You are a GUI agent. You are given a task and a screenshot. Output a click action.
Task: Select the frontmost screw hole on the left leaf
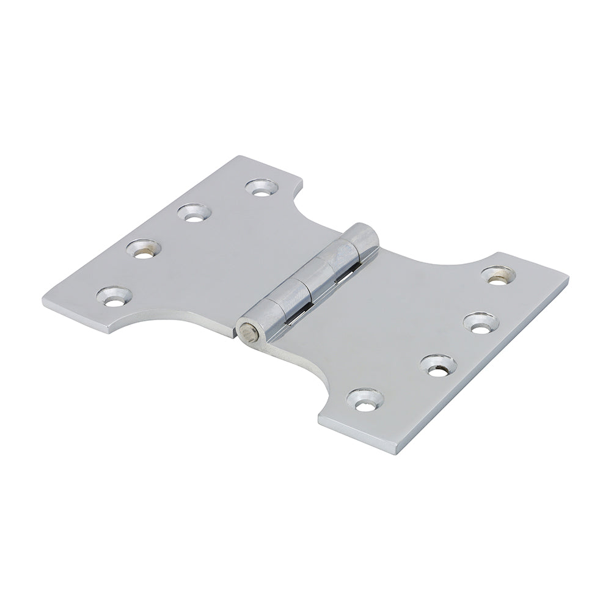[114, 296]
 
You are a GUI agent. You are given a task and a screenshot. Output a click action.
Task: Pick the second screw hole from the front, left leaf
[144, 248]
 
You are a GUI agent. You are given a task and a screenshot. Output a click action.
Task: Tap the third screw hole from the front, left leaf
[195, 213]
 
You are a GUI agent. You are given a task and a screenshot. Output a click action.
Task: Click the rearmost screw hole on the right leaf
[498, 275]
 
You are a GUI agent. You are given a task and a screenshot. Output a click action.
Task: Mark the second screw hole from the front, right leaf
[437, 365]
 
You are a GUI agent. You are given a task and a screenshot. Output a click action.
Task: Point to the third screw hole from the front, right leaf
[480, 322]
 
